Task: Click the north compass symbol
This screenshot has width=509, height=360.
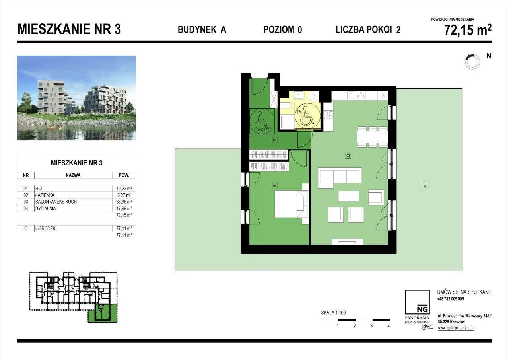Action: point(472,61)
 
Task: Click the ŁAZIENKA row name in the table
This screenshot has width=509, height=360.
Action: point(45,195)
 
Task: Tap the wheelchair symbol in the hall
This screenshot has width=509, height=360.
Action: point(260,121)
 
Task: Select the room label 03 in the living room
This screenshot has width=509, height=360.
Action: point(348,156)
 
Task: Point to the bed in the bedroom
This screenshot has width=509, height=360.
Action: point(291,204)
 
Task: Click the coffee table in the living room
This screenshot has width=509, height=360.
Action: point(348,197)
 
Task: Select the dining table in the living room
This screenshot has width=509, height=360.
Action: point(372,137)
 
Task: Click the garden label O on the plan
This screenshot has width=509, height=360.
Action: point(425,185)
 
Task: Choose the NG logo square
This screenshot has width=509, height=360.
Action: point(417,302)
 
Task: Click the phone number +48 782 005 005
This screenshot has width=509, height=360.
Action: point(450,299)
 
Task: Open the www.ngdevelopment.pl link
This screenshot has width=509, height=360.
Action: point(456,328)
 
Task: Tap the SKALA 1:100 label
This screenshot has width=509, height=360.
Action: point(333,313)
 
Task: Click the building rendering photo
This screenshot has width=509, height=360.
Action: point(77,98)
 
